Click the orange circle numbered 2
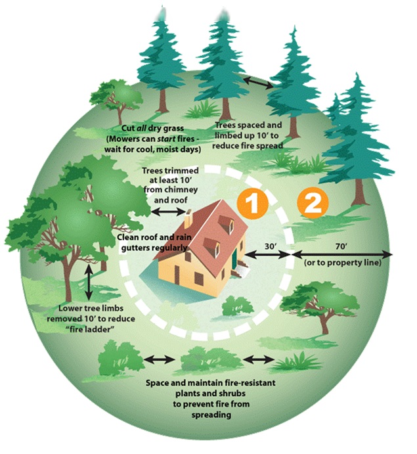click(311, 202)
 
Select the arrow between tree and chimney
click(165, 212)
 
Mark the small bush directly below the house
click(236, 306)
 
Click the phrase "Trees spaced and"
click(248, 125)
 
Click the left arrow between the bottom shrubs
click(160, 359)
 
